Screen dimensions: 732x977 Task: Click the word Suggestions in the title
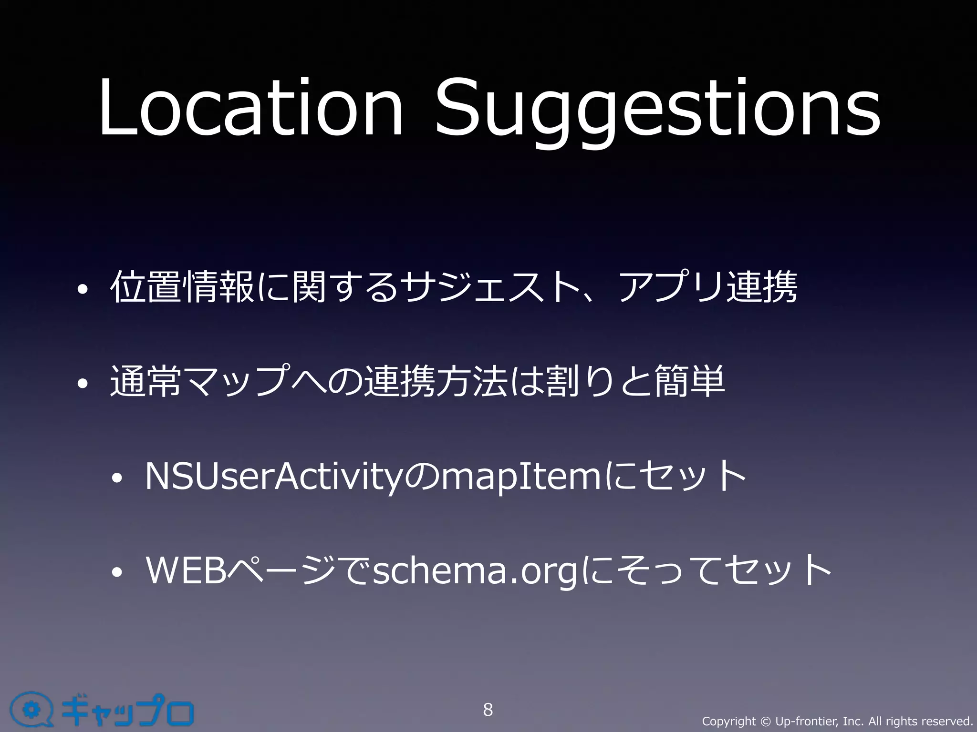coord(657,112)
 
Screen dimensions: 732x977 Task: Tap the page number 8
coord(488,710)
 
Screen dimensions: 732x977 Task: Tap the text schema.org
coord(475,571)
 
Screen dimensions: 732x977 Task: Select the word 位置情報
coord(182,287)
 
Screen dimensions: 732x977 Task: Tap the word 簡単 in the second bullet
coord(689,381)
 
